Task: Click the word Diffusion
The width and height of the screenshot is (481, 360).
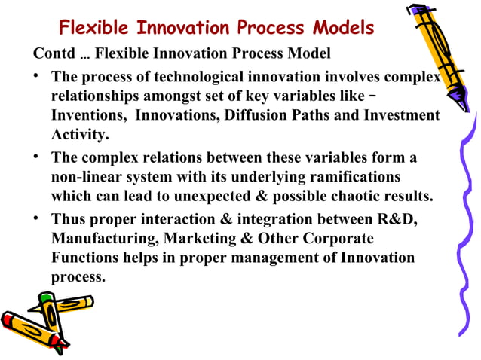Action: (x=252, y=116)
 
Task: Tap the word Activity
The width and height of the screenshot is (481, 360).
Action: (x=79, y=136)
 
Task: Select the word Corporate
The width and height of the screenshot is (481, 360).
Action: (x=335, y=239)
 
